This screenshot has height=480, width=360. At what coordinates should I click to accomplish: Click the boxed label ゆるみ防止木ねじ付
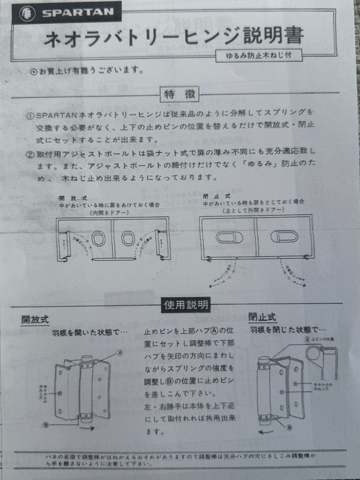[259, 56]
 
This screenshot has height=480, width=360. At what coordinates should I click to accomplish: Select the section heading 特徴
[179, 94]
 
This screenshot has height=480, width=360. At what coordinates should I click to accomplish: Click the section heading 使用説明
[186, 304]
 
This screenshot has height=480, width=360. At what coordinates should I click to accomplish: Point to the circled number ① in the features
[30, 116]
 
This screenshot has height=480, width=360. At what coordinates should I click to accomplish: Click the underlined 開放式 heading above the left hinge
[35, 319]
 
